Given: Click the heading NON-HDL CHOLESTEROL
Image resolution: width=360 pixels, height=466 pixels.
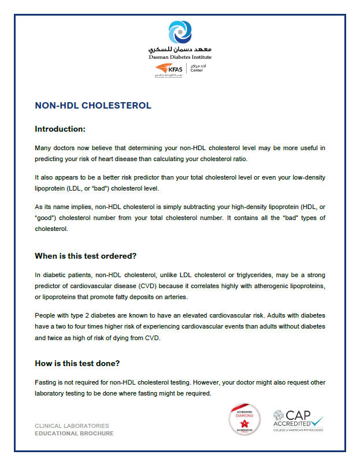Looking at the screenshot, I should [x=93, y=106].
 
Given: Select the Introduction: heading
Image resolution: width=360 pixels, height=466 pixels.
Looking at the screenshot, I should [x=60, y=129].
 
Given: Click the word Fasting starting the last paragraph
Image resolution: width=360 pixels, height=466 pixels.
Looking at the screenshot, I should [x=48, y=383].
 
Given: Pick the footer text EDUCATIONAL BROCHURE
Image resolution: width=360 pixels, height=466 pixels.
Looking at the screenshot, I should [x=74, y=433].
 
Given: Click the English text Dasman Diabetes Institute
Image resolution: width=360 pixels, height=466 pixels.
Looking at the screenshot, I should [x=180, y=57].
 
